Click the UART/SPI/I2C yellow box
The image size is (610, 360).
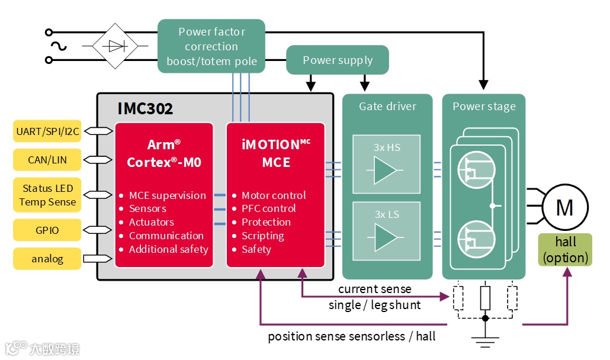tap(47, 131)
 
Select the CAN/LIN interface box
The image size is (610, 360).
tap(47, 159)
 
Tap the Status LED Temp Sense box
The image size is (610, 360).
tap(47, 195)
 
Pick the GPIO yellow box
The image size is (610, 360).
tap(47, 230)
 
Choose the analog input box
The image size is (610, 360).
tap(47, 259)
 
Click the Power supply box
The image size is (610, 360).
tap(338, 60)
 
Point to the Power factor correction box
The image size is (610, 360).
tap(211, 46)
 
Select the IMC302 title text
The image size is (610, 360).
tap(145, 108)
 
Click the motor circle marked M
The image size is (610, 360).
tap(564, 207)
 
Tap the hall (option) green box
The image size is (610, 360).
tap(564, 249)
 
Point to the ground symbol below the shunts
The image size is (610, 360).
tap(485, 340)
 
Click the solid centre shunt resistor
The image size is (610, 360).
tap(485, 298)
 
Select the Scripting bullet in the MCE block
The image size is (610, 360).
tap(263, 236)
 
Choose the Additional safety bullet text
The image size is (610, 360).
tap(169, 249)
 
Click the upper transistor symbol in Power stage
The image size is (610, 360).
tap(474, 171)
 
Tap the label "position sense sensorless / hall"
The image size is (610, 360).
tap(352, 336)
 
